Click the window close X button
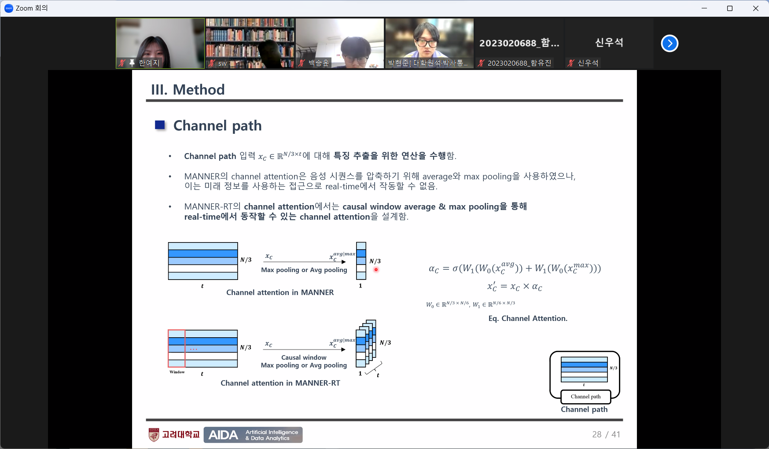[x=756, y=8]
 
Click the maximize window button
[x=730, y=8]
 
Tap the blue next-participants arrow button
[x=670, y=43]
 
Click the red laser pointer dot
[x=376, y=269]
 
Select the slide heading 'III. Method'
[x=188, y=90]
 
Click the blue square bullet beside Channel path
[x=160, y=125]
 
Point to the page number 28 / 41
[x=606, y=434]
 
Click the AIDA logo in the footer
[x=253, y=435]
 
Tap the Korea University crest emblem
[x=154, y=435]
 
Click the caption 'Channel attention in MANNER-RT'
[x=280, y=383]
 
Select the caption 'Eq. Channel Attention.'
[x=528, y=318]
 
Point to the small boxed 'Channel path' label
[x=586, y=397]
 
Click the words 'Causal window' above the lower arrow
[x=304, y=357]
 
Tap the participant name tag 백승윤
[x=319, y=63]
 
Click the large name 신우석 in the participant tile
[x=609, y=42]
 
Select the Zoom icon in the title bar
[x=8, y=8]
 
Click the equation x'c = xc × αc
[x=515, y=287]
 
